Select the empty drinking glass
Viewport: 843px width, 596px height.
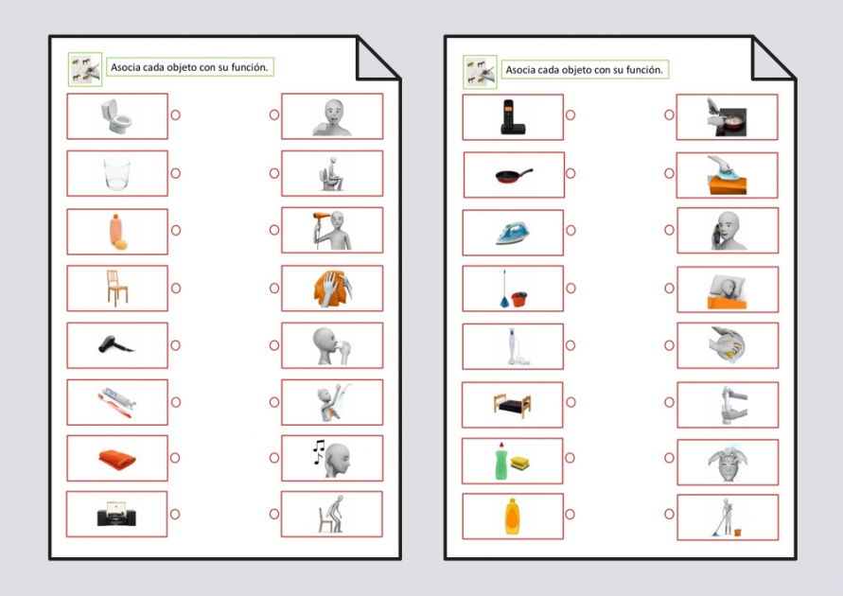click(116, 173)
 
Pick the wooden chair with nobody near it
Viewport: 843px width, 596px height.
click(117, 288)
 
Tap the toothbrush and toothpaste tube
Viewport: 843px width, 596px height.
click(117, 401)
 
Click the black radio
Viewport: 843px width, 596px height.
click(117, 515)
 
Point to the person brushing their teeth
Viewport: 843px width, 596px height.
click(332, 116)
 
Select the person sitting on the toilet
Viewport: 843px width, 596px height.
click(332, 174)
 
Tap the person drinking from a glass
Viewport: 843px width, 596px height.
click(332, 345)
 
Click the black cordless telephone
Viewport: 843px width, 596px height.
click(512, 117)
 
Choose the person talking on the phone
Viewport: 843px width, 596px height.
click(727, 231)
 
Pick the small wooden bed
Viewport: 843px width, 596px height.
click(512, 404)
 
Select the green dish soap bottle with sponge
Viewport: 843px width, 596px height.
click(512, 461)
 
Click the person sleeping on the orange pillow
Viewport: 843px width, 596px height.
click(727, 289)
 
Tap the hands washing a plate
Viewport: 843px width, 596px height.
click(727, 346)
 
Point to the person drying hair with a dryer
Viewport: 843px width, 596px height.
click(332, 231)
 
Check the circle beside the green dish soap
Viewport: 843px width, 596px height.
click(571, 459)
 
